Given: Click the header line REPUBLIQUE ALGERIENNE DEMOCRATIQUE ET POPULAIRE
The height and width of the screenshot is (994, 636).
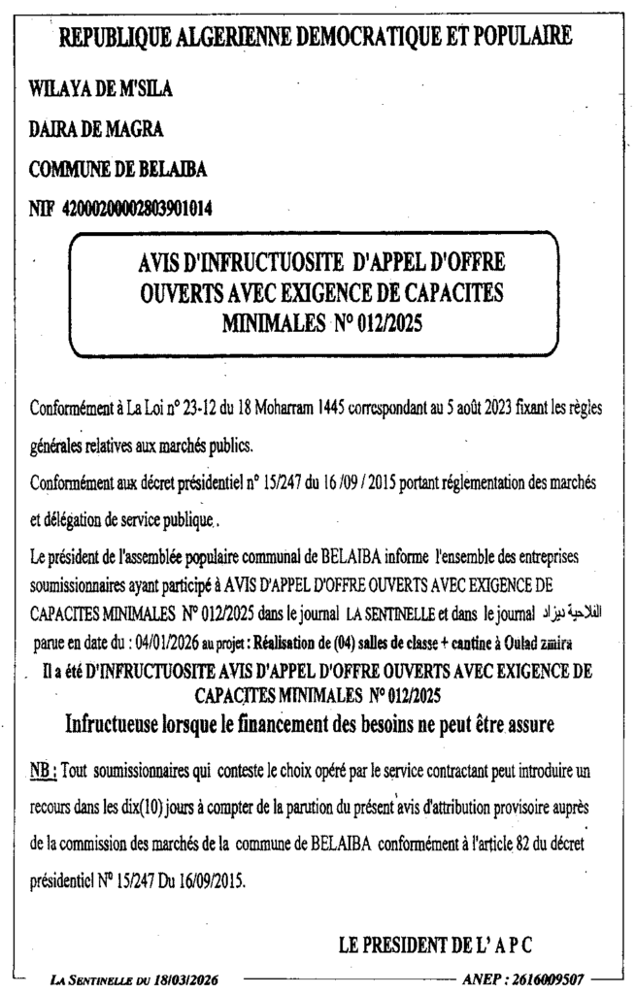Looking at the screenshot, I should point(316,39).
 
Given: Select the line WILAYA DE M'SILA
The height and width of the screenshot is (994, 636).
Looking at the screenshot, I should point(102,91).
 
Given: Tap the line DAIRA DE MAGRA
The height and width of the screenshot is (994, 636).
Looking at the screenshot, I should point(95,130).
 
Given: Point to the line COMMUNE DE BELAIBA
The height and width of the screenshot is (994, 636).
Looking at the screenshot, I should point(118,169).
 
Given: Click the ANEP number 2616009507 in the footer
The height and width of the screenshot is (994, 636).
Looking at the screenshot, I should point(553,979).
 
